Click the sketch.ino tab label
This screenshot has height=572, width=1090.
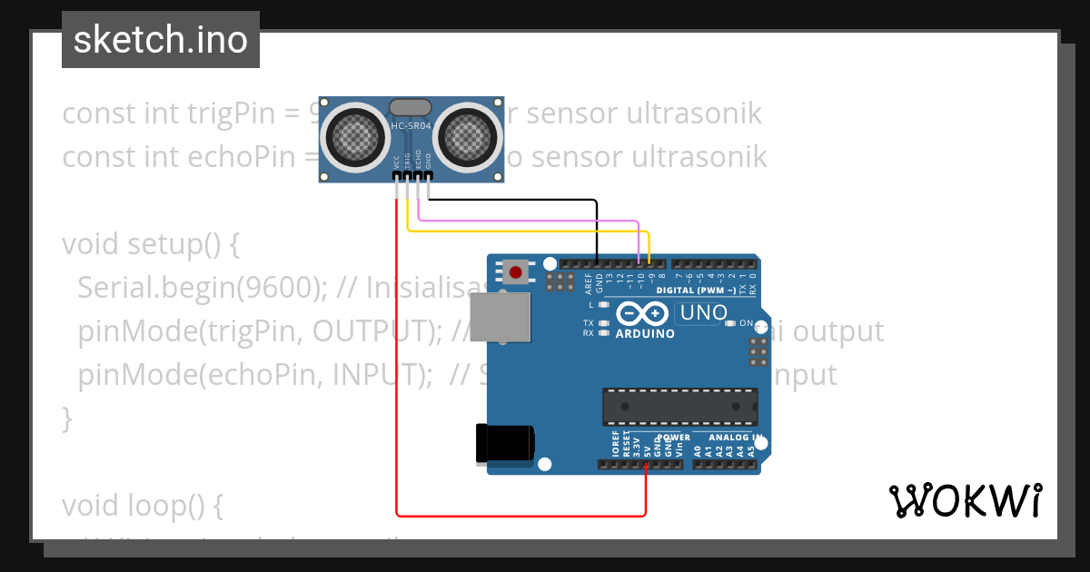tap(161, 40)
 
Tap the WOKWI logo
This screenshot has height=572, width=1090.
tap(966, 500)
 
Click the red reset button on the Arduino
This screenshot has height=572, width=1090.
tap(516, 271)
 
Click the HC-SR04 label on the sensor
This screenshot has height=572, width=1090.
tap(411, 125)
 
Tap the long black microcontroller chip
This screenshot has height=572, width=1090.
tap(679, 407)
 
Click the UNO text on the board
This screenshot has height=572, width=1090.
tap(701, 313)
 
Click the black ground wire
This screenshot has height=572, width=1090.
tap(509, 201)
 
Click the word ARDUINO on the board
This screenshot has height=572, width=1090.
tap(645, 333)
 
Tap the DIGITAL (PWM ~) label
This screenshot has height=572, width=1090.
tap(696, 291)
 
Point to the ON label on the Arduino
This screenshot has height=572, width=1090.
tap(746, 323)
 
